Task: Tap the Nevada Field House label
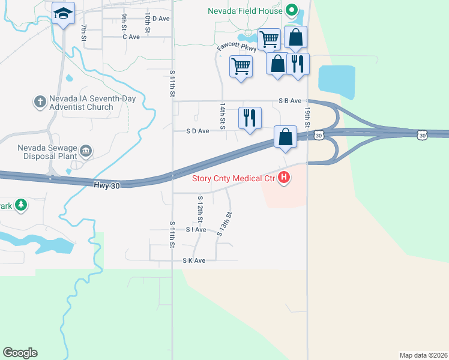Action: tap(244, 11)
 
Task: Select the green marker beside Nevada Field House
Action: tap(292, 10)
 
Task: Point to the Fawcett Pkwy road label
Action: tap(237, 48)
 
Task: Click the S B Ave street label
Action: tap(289, 101)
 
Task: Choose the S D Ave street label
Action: tap(197, 131)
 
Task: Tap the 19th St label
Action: tap(307, 116)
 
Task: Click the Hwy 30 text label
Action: tap(107, 186)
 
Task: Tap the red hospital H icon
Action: tap(285, 178)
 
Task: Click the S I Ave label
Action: tap(196, 230)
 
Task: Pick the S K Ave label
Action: tap(194, 260)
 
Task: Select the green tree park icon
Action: tap(22, 206)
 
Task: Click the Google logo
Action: tap(20, 353)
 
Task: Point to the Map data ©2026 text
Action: tap(423, 355)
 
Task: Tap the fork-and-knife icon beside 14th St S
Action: tap(250, 117)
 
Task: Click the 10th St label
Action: tap(146, 23)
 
